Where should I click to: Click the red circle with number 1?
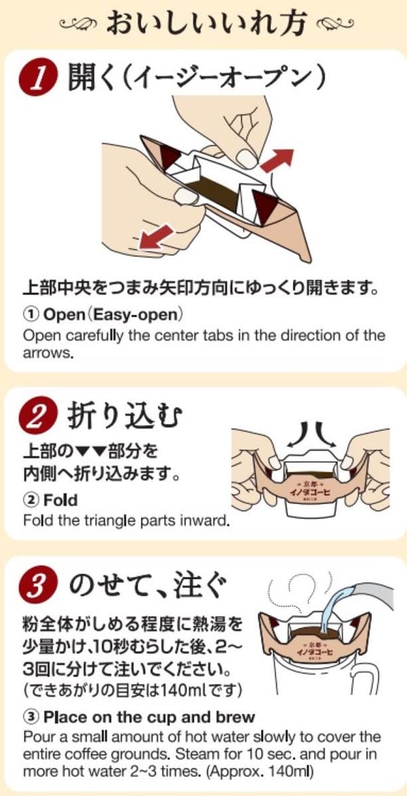pyautogui.click(x=39, y=78)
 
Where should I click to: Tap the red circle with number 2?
pyautogui.click(x=39, y=415)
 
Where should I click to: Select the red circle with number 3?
pyautogui.click(x=39, y=586)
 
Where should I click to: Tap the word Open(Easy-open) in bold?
pyautogui.click(x=113, y=314)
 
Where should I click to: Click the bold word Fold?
pyautogui.click(x=60, y=500)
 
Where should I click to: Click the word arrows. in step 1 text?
pyautogui.click(x=48, y=353)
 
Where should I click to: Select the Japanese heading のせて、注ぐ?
pyautogui.click(x=147, y=585)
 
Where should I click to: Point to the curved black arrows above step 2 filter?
pyautogui.click(x=311, y=435)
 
